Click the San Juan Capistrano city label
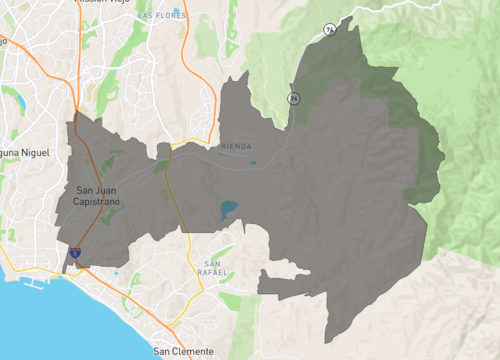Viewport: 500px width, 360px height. coord(98,195)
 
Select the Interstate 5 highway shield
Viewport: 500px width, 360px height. coord(75,256)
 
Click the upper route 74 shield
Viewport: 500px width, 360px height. coord(329,30)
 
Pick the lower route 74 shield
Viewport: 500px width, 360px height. coord(293,98)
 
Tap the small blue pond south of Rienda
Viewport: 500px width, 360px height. coord(252,163)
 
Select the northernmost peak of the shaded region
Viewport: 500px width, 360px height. coord(358,22)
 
